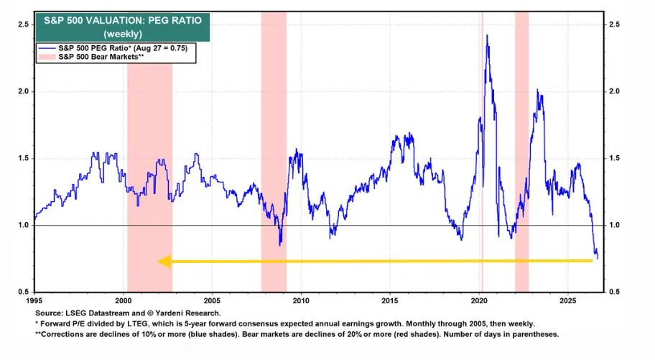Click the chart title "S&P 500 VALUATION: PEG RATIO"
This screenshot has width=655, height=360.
point(123,21)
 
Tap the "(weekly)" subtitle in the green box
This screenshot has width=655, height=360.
point(123,34)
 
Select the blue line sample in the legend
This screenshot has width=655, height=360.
point(47,48)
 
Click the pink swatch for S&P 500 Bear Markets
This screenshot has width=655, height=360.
point(47,57)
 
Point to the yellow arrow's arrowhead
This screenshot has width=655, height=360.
point(164,262)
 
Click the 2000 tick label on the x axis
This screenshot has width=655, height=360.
point(124,300)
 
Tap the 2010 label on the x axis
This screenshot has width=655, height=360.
point(301,300)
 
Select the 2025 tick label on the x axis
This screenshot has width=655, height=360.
point(567,300)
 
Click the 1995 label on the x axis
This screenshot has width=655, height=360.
point(34,300)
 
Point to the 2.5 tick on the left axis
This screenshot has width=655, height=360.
point(24,24)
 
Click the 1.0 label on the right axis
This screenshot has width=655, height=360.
point(614,225)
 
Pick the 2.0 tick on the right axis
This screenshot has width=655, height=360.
point(614,91)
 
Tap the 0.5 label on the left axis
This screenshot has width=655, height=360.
point(24,292)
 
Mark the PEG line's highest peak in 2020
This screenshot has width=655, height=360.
point(487,35)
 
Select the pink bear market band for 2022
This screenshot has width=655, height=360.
point(521,152)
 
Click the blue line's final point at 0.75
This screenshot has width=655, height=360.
point(598,259)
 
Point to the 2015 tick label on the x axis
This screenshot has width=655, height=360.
point(390,300)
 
